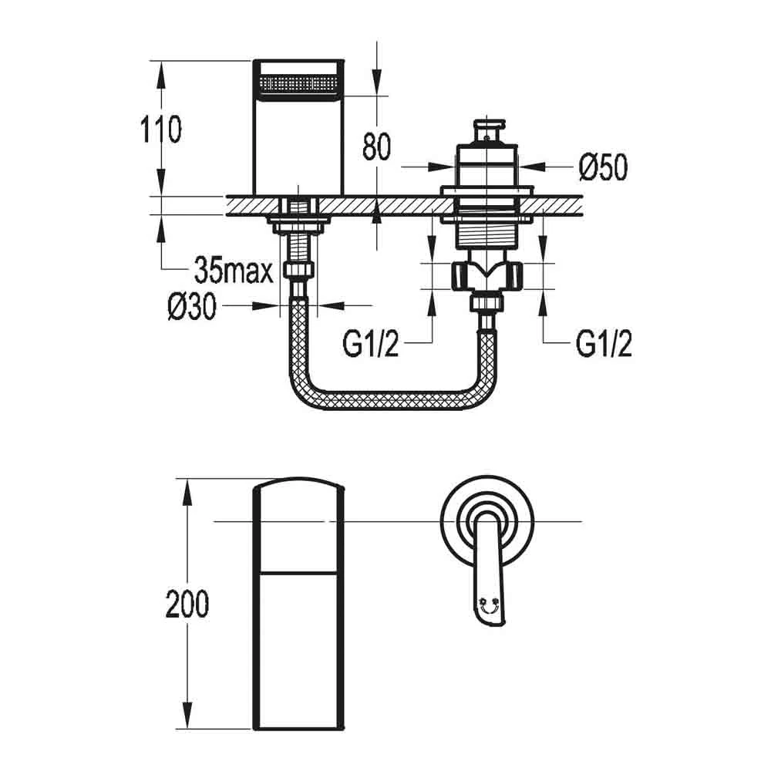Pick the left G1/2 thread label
point(371,345)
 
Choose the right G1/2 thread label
point(604,345)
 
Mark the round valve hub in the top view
point(485,518)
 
